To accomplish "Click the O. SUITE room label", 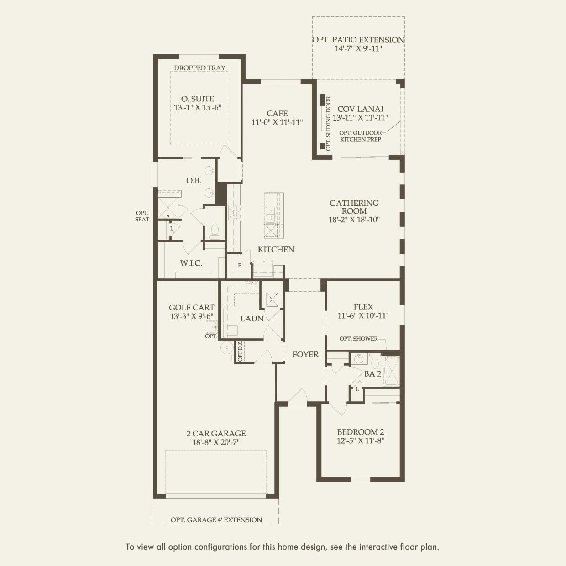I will tap(197, 99).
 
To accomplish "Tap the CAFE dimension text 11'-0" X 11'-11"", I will tap(277, 122).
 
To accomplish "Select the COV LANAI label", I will tap(360, 109).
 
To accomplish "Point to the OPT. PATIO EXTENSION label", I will tap(358, 40).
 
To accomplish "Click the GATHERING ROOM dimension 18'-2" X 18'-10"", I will tap(354, 220).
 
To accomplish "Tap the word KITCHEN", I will tap(276, 249).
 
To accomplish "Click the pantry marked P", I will tap(240, 265).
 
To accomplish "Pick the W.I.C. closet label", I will tap(191, 263).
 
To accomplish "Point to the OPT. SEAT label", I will tap(142, 216).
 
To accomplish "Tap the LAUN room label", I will tap(252, 319).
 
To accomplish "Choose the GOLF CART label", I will tap(191, 308).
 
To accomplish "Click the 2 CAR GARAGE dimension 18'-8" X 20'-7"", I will tap(216, 442).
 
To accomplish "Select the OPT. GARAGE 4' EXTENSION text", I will tap(216, 519).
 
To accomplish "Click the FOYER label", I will tap(305, 354).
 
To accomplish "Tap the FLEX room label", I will tap(363, 307).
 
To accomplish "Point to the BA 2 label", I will tap(372, 374).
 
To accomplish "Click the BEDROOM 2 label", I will tap(361, 432).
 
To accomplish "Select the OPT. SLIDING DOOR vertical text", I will tap(328, 123).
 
